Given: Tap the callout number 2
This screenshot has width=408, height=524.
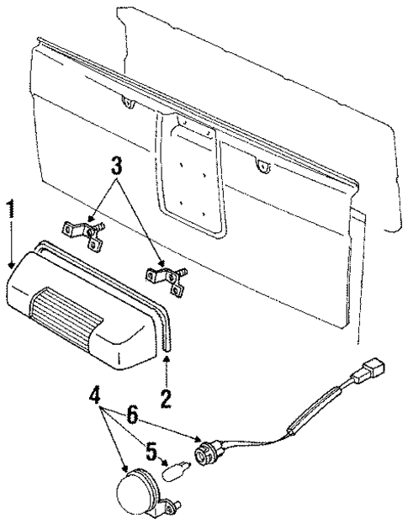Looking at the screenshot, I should [x=165, y=394].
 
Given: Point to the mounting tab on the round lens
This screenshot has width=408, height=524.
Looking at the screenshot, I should [x=175, y=505].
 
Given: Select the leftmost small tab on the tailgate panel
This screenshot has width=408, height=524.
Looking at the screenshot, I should [x=127, y=103].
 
